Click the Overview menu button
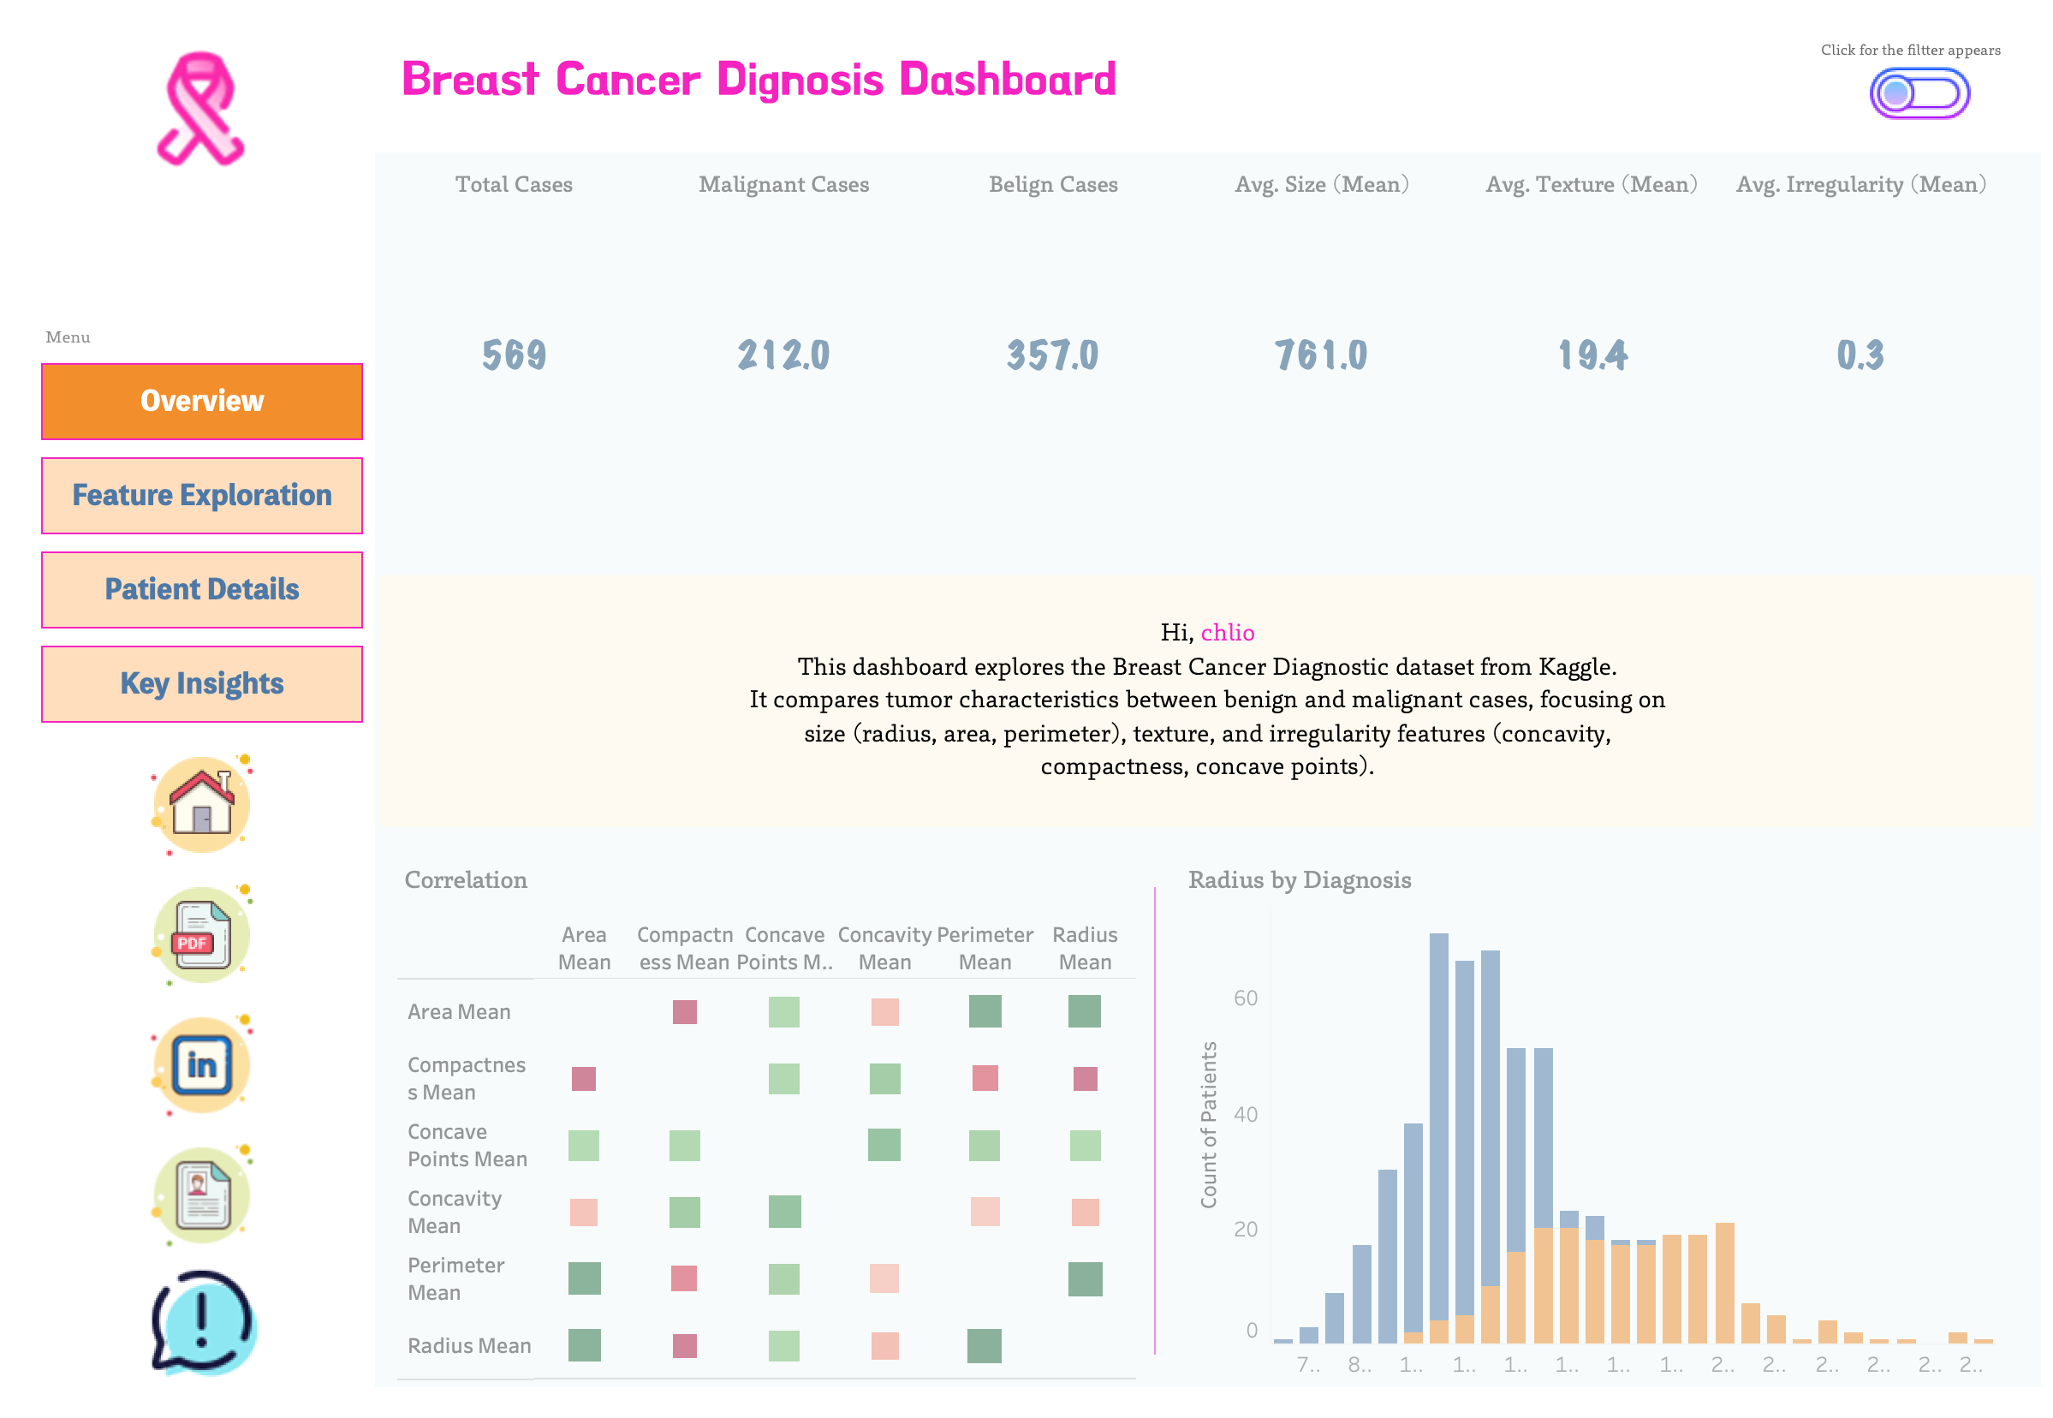pos(202,401)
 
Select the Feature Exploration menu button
pos(202,495)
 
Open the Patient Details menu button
pos(202,589)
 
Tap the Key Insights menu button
pos(202,683)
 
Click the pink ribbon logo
pos(201,110)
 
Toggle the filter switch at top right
pos(1919,93)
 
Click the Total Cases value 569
pos(514,355)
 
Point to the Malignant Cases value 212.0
pos(783,355)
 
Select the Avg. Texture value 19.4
pos(1591,355)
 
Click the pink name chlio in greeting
pos(1227,633)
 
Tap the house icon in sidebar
pos(202,805)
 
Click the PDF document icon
pos(202,935)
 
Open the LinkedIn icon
pos(202,1064)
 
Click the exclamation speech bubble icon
pos(204,1322)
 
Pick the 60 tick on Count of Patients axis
pos(1245,998)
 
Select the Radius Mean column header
pos(1084,948)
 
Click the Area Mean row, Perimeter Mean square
pos(985,1011)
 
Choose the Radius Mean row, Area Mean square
pos(584,1345)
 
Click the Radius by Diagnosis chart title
pos(1299,879)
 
